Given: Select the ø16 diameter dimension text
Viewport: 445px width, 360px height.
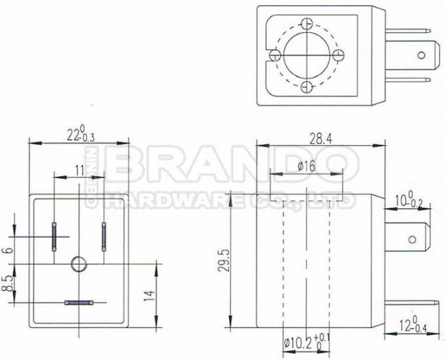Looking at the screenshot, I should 306,167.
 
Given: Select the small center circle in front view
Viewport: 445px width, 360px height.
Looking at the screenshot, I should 79,264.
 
